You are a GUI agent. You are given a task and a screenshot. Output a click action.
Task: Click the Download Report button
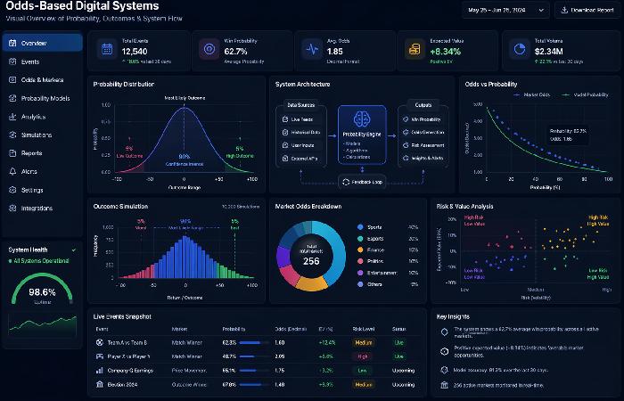[x=586, y=11]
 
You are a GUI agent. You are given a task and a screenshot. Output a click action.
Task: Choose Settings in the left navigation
[x=32, y=190]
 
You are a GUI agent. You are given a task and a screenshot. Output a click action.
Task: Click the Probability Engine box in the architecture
[x=362, y=134]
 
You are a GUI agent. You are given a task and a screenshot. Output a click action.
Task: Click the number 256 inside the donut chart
[x=312, y=260]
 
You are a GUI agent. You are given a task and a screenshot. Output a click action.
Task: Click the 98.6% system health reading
[x=42, y=291]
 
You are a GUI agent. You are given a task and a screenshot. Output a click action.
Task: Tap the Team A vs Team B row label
[x=127, y=341]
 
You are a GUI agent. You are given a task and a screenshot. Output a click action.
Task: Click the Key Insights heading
[x=455, y=316]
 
